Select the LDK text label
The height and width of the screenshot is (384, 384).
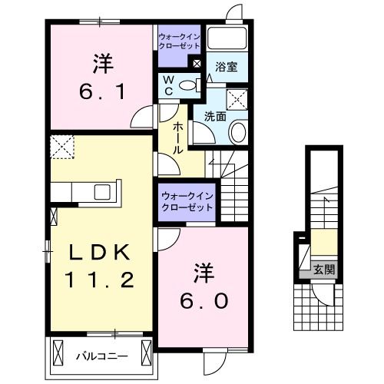pyautogui.click(x=95, y=253)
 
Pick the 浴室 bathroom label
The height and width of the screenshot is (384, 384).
pyautogui.click(x=225, y=68)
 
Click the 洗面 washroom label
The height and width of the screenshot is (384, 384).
pyautogui.click(x=214, y=117)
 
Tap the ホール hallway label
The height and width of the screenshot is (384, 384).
pyautogui.click(x=177, y=138)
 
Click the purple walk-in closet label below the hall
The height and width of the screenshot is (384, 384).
pyautogui.click(x=187, y=202)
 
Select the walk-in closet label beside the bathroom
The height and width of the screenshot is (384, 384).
pyautogui.click(x=180, y=40)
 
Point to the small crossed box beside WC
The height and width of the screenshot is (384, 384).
pyautogui.click(x=197, y=65)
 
